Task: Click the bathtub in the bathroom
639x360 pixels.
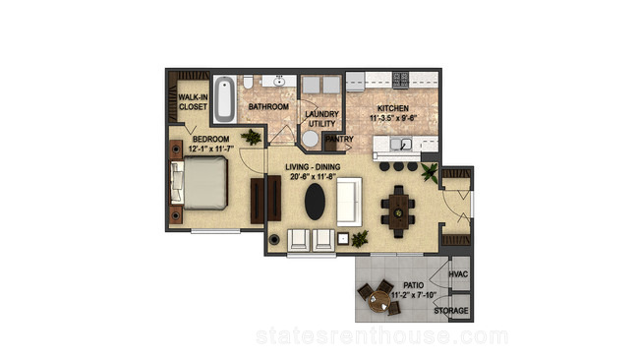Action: pyautogui.click(x=224, y=99)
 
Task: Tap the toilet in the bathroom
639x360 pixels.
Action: pyautogui.click(x=248, y=83)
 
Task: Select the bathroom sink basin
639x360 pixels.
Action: pyautogui.click(x=279, y=82)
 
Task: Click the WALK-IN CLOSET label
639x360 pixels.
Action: pyautogui.click(x=193, y=102)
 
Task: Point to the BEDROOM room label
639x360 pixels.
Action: pyautogui.click(x=210, y=139)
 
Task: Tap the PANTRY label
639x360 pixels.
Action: pyautogui.click(x=339, y=139)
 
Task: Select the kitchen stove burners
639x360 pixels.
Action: pyautogui.click(x=400, y=80)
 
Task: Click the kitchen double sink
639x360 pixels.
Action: pyautogui.click(x=401, y=144)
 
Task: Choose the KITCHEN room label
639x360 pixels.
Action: pyautogui.click(x=393, y=108)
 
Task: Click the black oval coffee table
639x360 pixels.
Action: pyautogui.click(x=315, y=202)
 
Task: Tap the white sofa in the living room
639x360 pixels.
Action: pyautogui.click(x=349, y=202)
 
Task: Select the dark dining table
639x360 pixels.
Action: pyautogui.click(x=398, y=211)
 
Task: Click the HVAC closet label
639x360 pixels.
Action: pyautogui.click(x=458, y=274)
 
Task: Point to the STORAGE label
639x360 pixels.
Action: pyautogui.click(x=451, y=311)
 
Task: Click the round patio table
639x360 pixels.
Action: pyautogui.click(x=379, y=302)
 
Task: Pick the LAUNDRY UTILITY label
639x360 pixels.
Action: pyautogui.click(x=321, y=119)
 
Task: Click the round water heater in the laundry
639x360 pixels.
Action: pyautogui.click(x=310, y=139)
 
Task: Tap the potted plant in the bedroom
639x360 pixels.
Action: pyautogui.click(x=251, y=137)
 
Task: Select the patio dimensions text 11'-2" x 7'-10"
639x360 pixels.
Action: pyautogui.click(x=414, y=295)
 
